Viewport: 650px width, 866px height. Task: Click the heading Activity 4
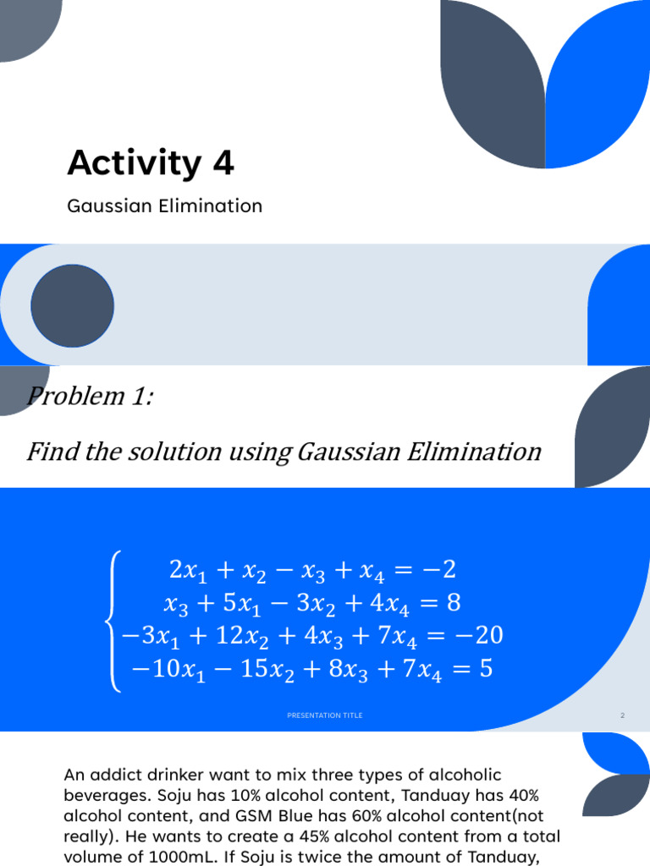point(151,163)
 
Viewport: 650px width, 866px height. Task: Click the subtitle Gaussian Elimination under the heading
point(164,206)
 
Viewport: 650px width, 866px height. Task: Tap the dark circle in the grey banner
point(73,304)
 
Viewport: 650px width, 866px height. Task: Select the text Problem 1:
point(90,395)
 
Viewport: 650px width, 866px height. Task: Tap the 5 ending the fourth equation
point(485,669)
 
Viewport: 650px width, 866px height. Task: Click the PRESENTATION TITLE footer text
point(325,715)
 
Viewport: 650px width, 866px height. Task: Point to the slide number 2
point(622,715)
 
